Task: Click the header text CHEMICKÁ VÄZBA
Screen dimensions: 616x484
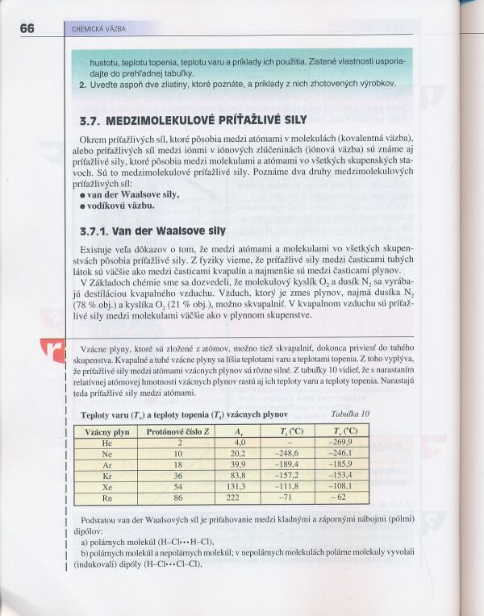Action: [99, 29]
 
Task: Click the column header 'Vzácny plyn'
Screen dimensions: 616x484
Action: [108, 431]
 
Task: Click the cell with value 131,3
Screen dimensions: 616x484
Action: [240, 487]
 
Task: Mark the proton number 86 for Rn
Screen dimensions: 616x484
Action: [179, 498]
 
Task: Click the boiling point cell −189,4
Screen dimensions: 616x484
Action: [288, 465]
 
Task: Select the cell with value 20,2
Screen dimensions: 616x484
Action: [240, 454]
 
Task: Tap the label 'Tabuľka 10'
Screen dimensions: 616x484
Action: [351, 414]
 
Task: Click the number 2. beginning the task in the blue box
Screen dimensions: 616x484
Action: [82, 83]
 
